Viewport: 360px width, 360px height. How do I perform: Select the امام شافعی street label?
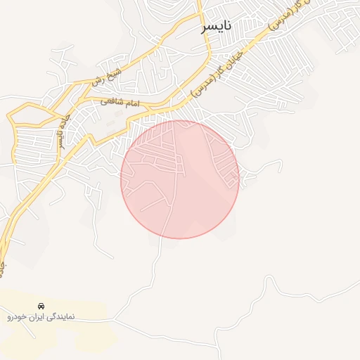(120, 102)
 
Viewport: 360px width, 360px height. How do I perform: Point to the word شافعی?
(112, 101)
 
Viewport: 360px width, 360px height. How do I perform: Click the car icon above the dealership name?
(41, 307)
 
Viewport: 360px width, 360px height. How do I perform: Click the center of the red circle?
(180, 179)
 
